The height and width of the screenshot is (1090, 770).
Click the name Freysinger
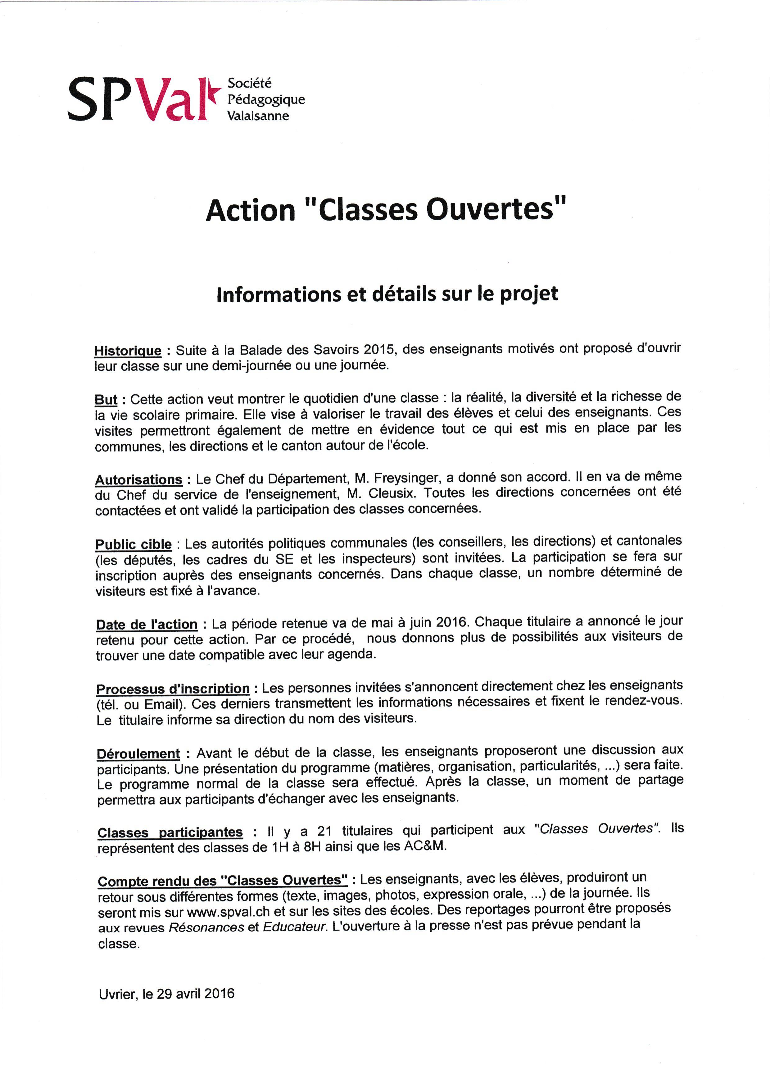(x=403, y=478)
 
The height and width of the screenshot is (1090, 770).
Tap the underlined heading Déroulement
(x=138, y=754)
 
